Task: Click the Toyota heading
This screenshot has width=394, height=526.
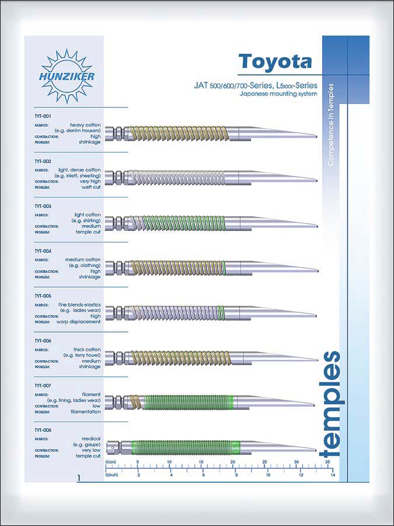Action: pos(275,61)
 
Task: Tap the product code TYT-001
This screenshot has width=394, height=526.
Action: pos(43,116)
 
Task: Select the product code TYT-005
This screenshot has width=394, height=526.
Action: pos(43,296)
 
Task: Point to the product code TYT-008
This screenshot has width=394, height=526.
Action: pos(43,430)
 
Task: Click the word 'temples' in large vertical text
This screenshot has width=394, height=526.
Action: pos(331,403)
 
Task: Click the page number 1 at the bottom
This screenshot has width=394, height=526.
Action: pos(78,478)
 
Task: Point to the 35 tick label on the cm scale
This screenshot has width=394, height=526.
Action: pos(328,462)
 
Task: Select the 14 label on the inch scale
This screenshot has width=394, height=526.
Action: pos(332,475)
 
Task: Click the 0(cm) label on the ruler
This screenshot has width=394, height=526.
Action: pos(111,462)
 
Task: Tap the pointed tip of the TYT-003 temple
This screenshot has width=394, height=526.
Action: pos(316,226)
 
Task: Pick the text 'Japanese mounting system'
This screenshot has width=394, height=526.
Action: pos(282,94)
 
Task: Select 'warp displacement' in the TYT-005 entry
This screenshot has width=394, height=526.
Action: pos(79,322)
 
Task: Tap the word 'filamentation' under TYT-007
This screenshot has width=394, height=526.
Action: pos(85,411)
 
